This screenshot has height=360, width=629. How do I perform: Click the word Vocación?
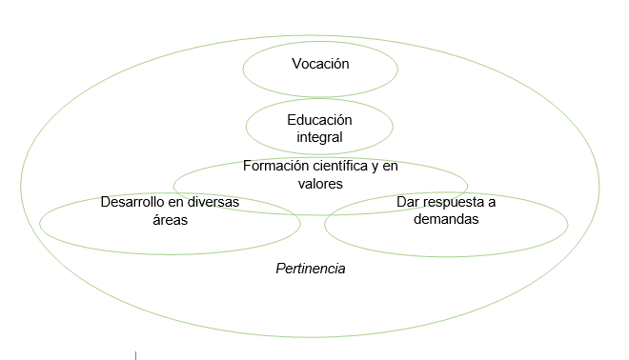320,65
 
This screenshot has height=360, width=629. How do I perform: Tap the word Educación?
319,120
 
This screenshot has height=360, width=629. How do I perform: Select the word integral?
319,137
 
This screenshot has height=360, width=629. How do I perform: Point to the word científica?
338,166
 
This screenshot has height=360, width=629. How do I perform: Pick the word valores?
320,183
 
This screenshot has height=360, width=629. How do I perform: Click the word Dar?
409,202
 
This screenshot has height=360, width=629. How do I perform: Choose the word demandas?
446,219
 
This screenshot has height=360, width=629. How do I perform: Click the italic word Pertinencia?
310,269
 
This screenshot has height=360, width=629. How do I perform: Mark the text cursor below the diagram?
135,354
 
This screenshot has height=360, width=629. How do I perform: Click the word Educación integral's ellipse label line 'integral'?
319,137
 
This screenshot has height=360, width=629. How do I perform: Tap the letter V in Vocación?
295,65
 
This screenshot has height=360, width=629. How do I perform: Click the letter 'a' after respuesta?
492,202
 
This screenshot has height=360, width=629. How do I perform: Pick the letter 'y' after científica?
375,166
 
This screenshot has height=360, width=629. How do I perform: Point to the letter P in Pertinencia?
279,269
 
